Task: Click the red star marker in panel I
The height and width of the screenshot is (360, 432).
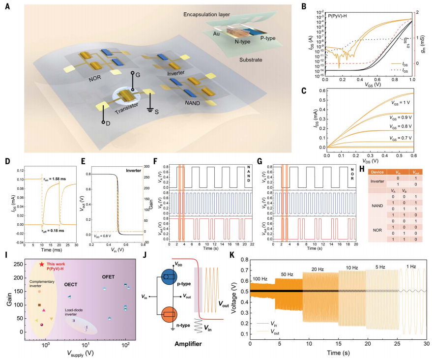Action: tap(42, 265)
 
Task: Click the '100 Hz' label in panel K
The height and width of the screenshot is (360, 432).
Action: tap(260, 278)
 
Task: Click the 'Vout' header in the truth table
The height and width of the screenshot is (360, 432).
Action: tap(416, 172)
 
